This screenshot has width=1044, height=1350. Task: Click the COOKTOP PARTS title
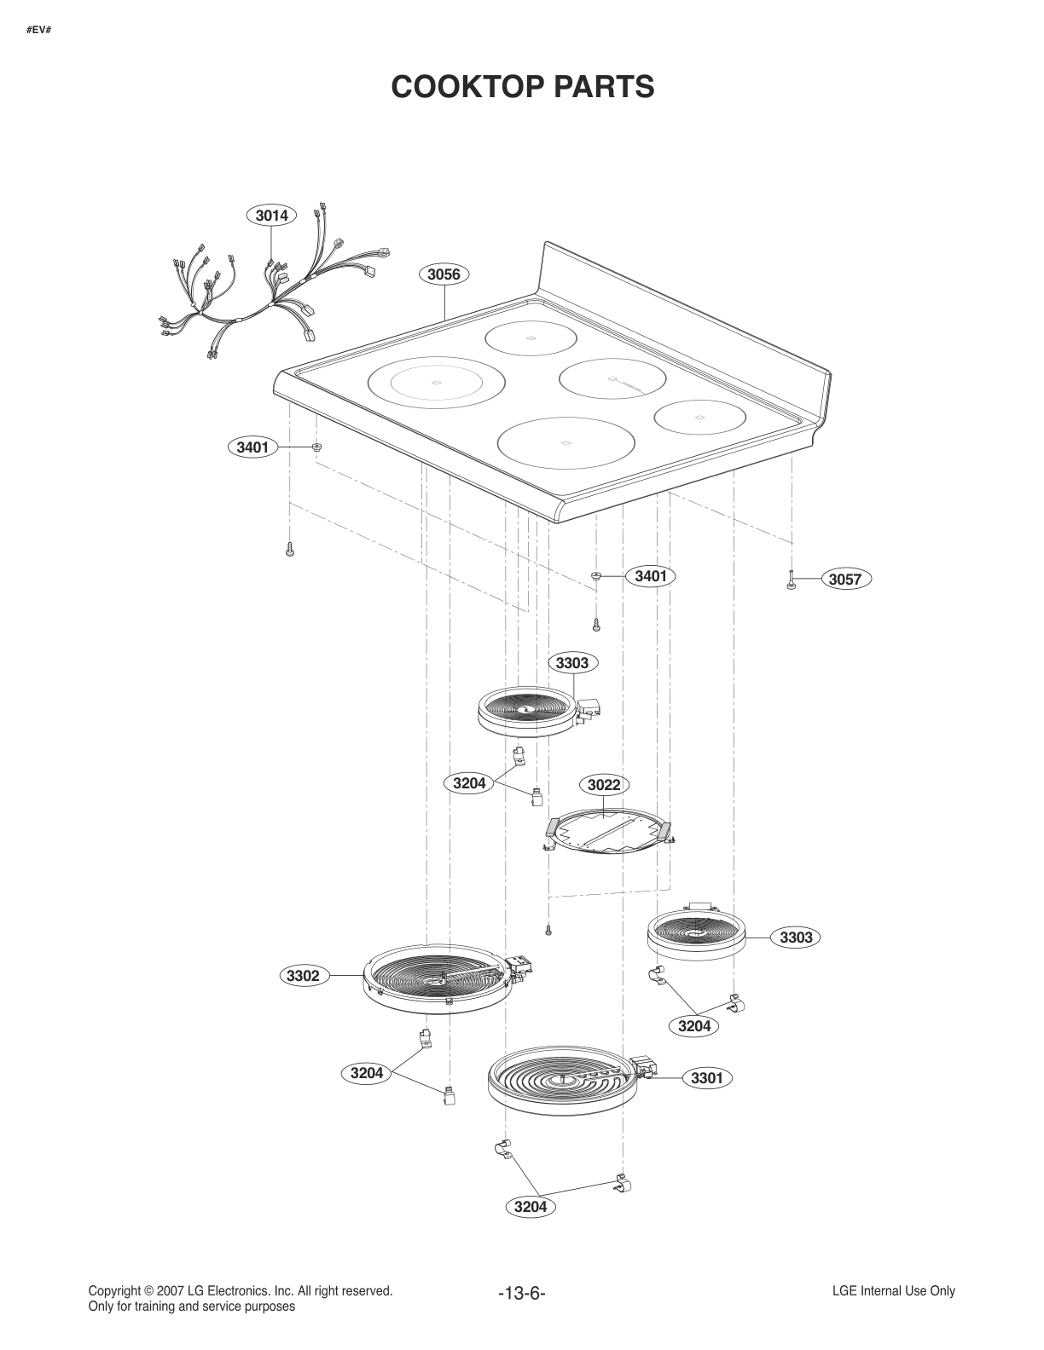pyautogui.click(x=522, y=87)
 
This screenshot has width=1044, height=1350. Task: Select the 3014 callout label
pyautogui.click(x=271, y=216)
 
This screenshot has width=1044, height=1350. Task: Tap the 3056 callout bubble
pyautogui.click(x=444, y=274)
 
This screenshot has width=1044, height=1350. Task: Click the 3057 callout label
pyautogui.click(x=845, y=580)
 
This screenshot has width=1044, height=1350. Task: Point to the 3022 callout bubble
pyautogui.click(x=604, y=784)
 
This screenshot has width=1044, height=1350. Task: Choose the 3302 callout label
pyautogui.click(x=303, y=976)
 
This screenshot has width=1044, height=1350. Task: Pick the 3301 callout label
pyautogui.click(x=706, y=1078)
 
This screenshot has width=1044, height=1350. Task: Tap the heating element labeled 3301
pyautogui.click(x=563, y=1082)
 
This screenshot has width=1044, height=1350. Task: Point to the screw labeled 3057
pyautogui.click(x=792, y=580)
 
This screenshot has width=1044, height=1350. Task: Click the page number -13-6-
pyautogui.click(x=521, y=1293)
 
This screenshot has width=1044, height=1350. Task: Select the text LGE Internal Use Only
pyautogui.click(x=893, y=1290)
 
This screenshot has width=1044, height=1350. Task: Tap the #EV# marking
pyautogui.click(x=38, y=31)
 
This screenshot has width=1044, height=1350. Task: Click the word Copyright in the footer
pyautogui.click(x=114, y=1290)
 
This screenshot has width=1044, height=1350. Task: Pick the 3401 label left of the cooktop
pyautogui.click(x=252, y=447)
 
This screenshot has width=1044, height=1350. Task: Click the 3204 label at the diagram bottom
pyautogui.click(x=531, y=1207)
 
